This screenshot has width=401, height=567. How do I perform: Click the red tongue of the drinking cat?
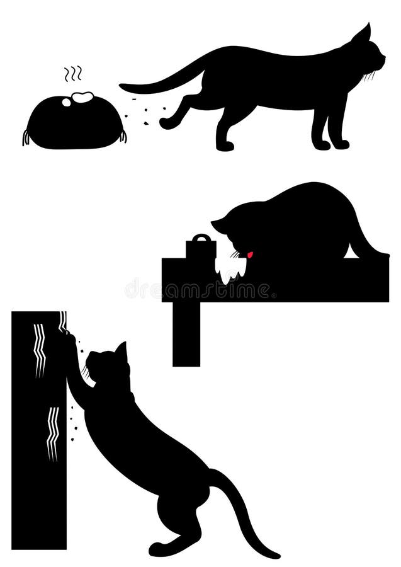tap(250, 255)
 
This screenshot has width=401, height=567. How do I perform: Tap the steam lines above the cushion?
tap(73, 74)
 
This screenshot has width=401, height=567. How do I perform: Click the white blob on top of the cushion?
tap(82, 98)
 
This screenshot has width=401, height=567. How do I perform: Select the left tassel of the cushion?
tap(26, 137)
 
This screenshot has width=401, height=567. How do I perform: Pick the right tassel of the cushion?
tap(123, 135)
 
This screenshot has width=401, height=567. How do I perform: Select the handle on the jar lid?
tap(201, 238)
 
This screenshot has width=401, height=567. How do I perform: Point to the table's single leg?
tap(186, 334)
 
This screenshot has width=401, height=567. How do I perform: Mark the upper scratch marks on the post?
tap(39, 350)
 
